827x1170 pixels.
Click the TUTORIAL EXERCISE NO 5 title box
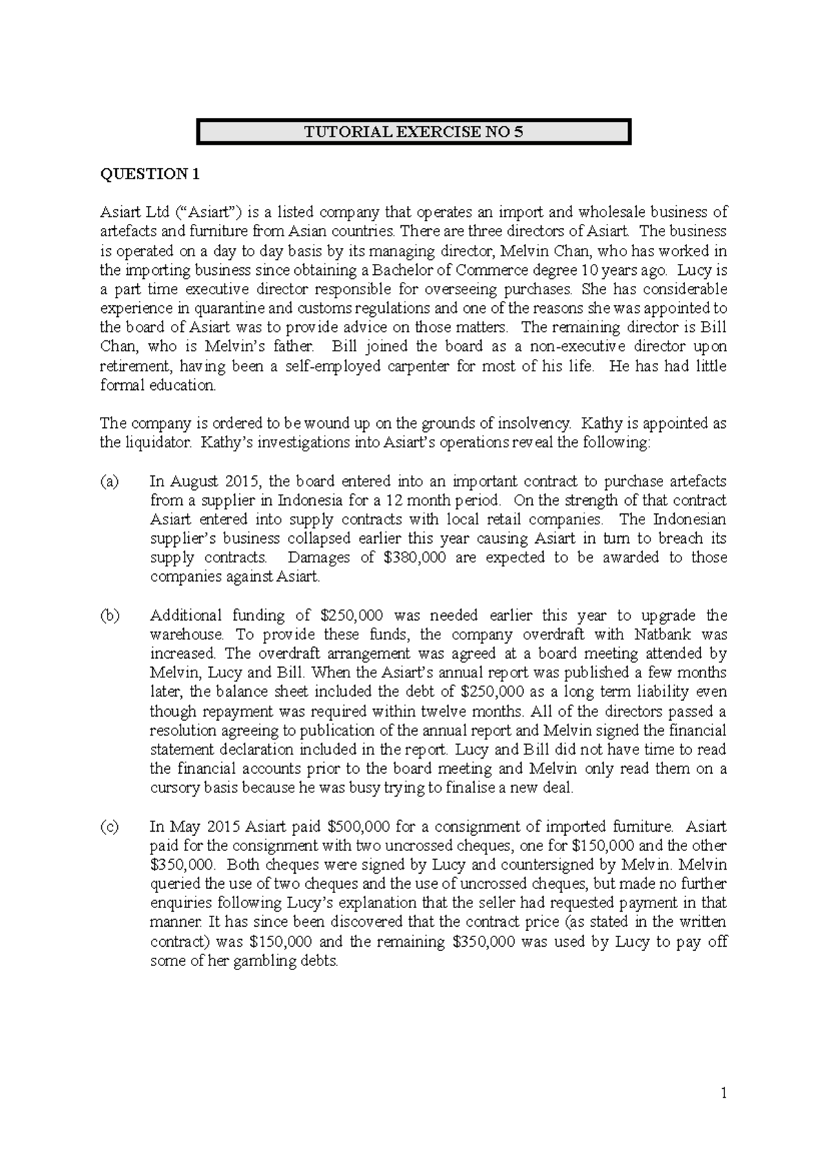coord(413,132)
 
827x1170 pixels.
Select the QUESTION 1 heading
coord(150,174)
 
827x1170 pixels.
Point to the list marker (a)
coord(110,481)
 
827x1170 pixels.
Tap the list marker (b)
coord(110,615)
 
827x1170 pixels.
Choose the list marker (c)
coord(110,826)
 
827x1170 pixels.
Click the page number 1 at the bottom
coord(724,1093)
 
